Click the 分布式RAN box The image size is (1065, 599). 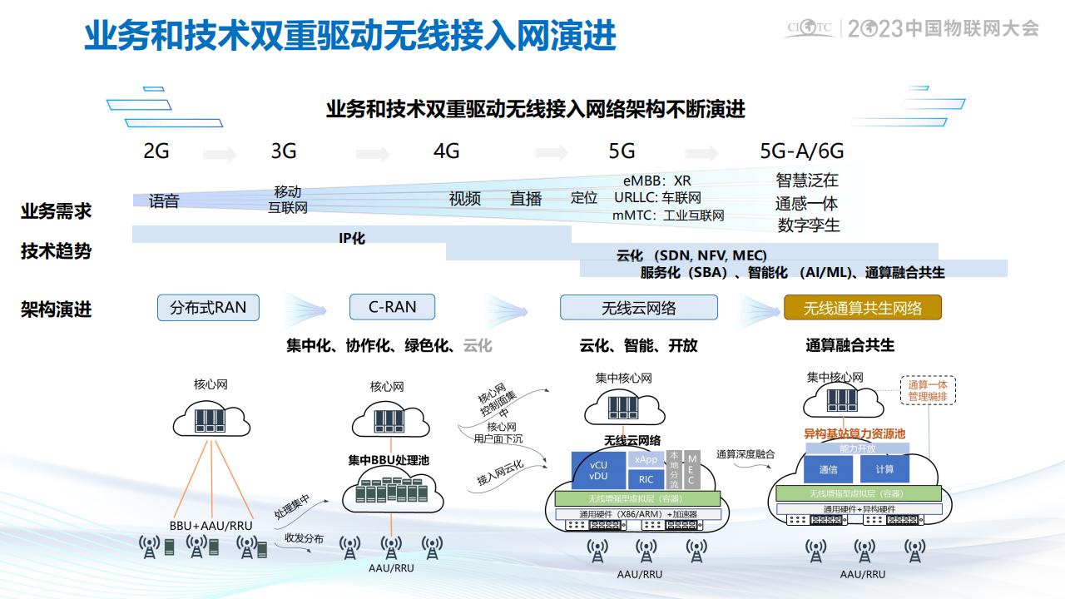[208, 307]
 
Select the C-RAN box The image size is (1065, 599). [393, 307]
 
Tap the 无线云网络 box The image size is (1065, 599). [638, 308]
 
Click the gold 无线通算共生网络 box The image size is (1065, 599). [863, 308]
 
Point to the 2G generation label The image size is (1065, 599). [156, 151]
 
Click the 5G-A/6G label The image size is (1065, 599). [801, 151]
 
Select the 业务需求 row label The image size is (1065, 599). [56, 211]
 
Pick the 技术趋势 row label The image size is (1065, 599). [56, 251]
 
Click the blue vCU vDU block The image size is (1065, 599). [598, 470]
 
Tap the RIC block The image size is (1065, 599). [646, 479]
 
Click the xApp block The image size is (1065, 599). [646, 459]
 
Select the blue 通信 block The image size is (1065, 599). [828, 469]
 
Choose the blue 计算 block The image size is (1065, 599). [884, 469]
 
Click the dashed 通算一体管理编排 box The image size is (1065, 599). [928, 390]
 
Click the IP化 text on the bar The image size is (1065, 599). [352, 238]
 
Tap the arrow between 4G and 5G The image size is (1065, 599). [551, 152]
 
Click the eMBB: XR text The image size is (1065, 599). [657, 181]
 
